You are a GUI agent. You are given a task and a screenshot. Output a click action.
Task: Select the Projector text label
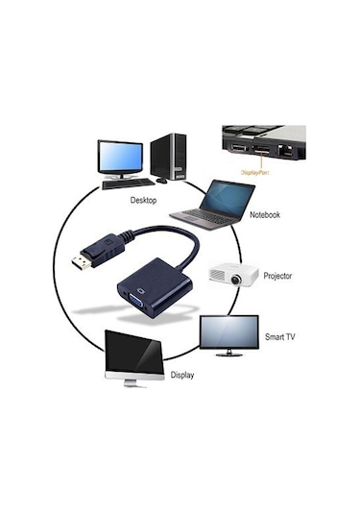click(277, 276)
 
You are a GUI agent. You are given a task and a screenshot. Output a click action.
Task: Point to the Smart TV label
click(278, 338)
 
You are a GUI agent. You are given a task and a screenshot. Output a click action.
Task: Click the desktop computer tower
click(168, 158)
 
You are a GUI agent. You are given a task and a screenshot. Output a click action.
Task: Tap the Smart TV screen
click(228, 330)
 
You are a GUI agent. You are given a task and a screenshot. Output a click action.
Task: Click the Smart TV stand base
click(228, 355)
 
